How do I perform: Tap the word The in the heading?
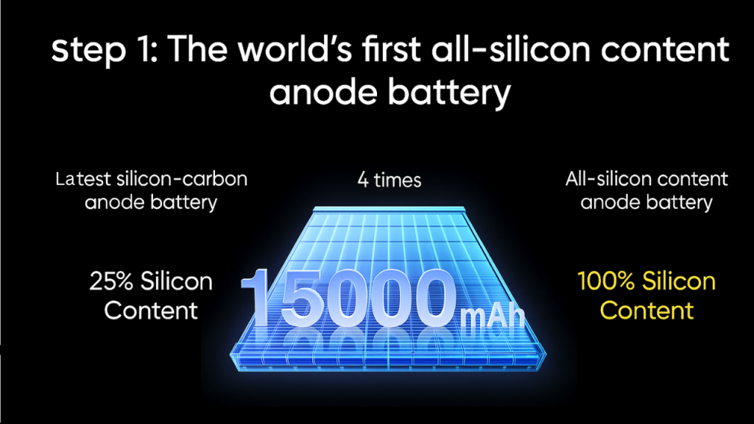(180, 51)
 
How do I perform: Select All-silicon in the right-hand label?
(602, 178)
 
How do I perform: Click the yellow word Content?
(646, 310)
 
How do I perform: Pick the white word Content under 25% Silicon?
(151, 310)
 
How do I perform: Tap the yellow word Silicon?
(679, 281)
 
